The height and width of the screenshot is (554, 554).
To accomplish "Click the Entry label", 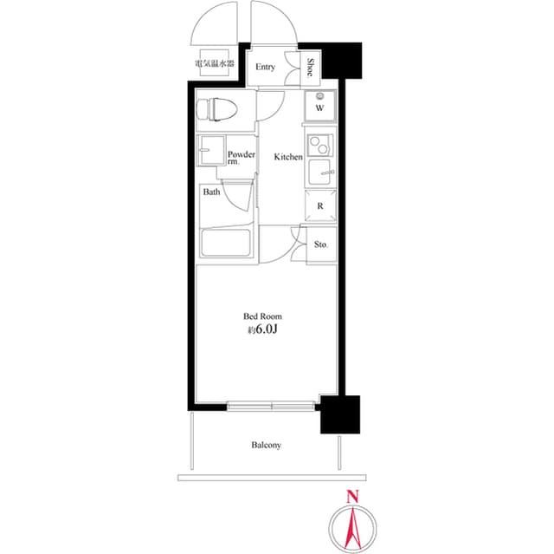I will pyautogui.click(x=266, y=67).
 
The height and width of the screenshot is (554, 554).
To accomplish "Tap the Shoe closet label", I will pyautogui.click(x=311, y=67).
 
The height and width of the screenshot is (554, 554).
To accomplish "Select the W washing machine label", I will pyautogui.click(x=319, y=109).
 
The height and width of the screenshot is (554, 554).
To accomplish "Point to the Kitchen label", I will pyautogui.click(x=288, y=157).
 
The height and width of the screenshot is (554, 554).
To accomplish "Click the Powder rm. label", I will pyautogui.click(x=241, y=159).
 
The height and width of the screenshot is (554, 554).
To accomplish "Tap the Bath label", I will pyautogui.click(x=212, y=192).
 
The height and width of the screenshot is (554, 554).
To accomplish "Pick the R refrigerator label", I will pyautogui.click(x=319, y=205).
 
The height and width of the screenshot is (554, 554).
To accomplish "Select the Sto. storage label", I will pyautogui.click(x=320, y=246).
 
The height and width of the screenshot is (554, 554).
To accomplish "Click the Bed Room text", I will pyautogui.click(x=263, y=316).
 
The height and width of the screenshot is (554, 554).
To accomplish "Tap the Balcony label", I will pyautogui.click(x=267, y=445).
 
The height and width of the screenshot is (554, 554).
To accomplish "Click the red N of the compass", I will pyautogui.click(x=351, y=498).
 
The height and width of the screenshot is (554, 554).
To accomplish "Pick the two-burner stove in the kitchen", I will pyautogui.click(x=319, y=143).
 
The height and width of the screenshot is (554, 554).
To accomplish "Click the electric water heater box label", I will pyautogui.click(x=213, y=64).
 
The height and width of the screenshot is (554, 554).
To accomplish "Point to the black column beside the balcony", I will pyautogui.click(x=340, y=414).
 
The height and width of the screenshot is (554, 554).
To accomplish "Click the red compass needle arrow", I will pyautogui.click(x=351, y=525).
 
